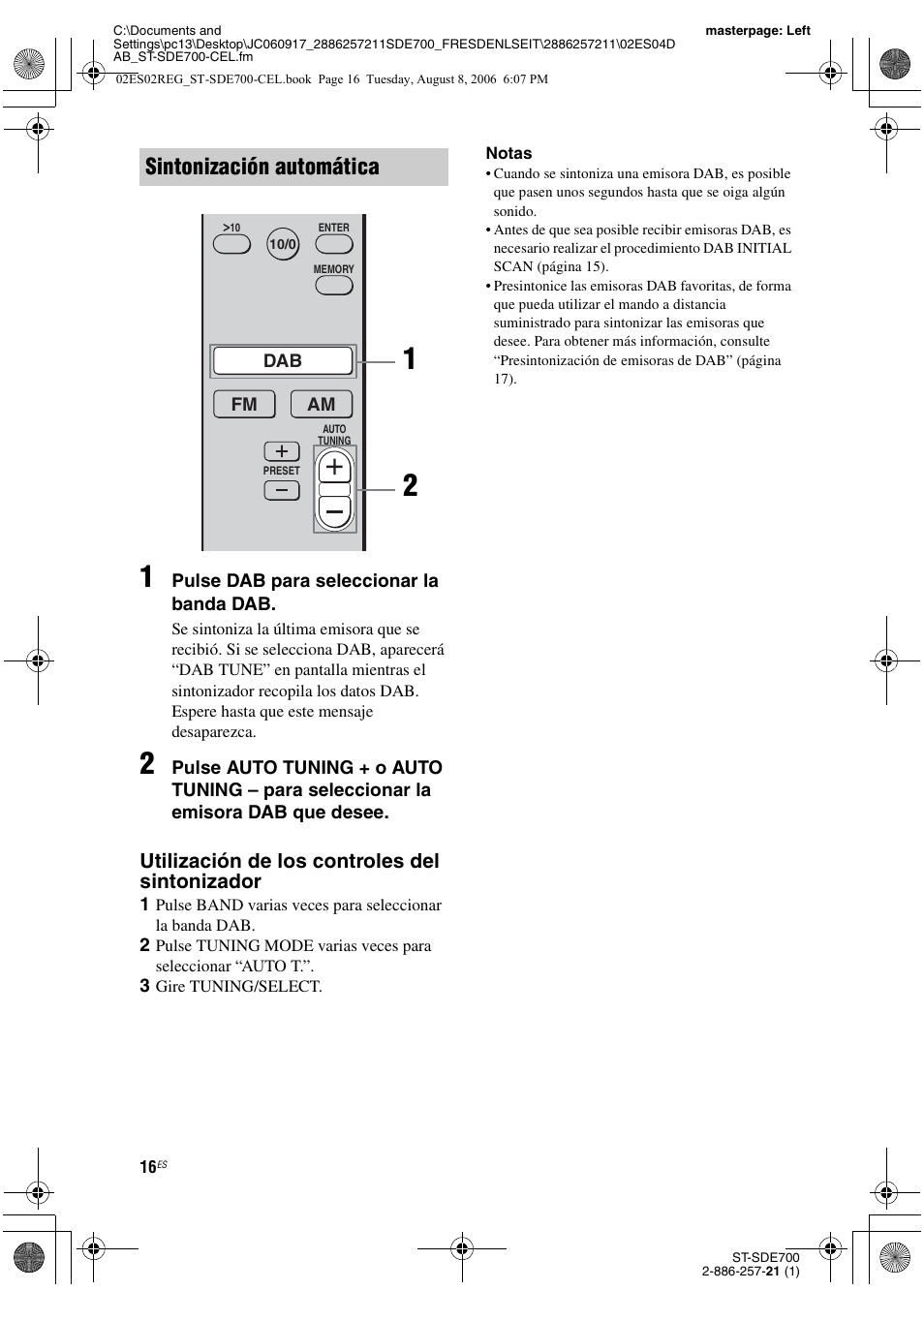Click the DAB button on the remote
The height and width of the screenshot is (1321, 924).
(283, 360)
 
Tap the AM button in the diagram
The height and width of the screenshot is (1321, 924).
(322, 404)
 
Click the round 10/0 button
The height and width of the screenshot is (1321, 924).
(283, 245)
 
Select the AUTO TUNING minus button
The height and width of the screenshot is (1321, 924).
(334, 510)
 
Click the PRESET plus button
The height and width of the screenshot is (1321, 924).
(282, 451)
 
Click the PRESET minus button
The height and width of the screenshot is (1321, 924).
(282, 490)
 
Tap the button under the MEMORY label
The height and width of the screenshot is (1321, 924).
(333, 286)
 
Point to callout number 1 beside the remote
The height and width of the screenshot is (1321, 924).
(410, 359)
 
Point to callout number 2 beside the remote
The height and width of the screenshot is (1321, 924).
(410, 486)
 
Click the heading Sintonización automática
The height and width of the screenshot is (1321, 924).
(262, 167)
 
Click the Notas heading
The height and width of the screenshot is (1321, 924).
(508, 153)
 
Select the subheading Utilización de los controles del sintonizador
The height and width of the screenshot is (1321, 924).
(289, 871)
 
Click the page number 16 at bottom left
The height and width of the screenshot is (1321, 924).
(148, 1167)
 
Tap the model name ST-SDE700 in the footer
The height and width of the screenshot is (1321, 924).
(765, 1257)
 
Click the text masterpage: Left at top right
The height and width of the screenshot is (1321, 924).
(757, 30)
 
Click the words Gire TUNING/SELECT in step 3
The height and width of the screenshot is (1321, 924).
(238, 986)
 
